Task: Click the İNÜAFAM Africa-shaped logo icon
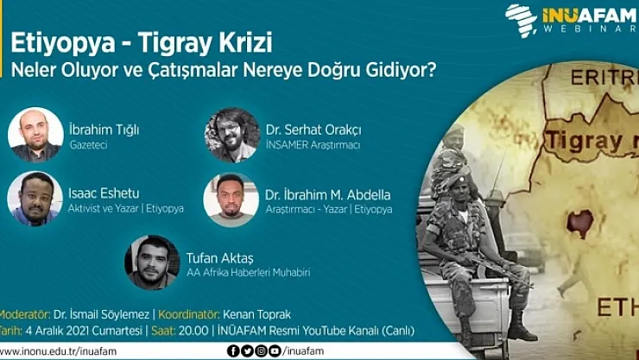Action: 522,18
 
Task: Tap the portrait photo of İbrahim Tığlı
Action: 35,135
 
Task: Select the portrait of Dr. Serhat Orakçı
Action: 231,135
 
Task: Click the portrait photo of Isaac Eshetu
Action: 35,199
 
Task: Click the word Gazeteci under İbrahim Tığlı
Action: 88,146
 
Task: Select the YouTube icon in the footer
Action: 275,351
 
